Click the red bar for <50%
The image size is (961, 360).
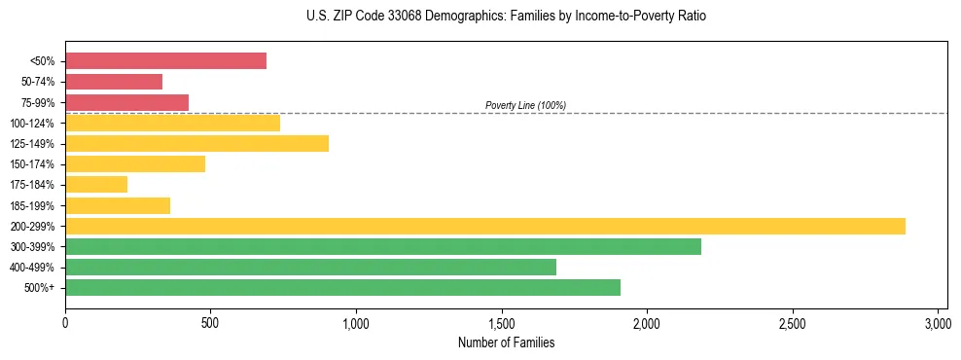point(165,61)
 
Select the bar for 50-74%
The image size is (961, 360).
point(114,82)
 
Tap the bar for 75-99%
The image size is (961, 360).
point(126,102)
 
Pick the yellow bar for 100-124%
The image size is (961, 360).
point(172,123)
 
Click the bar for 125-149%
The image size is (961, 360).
point(196,143)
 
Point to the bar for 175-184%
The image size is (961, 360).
point(96,184)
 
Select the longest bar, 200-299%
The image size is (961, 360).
point(484,226)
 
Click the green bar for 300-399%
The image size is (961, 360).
point(382,246)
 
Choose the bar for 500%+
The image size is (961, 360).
point(342,287)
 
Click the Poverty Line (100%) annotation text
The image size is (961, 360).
point(525,105)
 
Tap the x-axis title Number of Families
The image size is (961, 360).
point(506,342)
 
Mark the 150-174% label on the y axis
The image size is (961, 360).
point(35,164)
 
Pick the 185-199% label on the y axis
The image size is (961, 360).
point(35,205)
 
